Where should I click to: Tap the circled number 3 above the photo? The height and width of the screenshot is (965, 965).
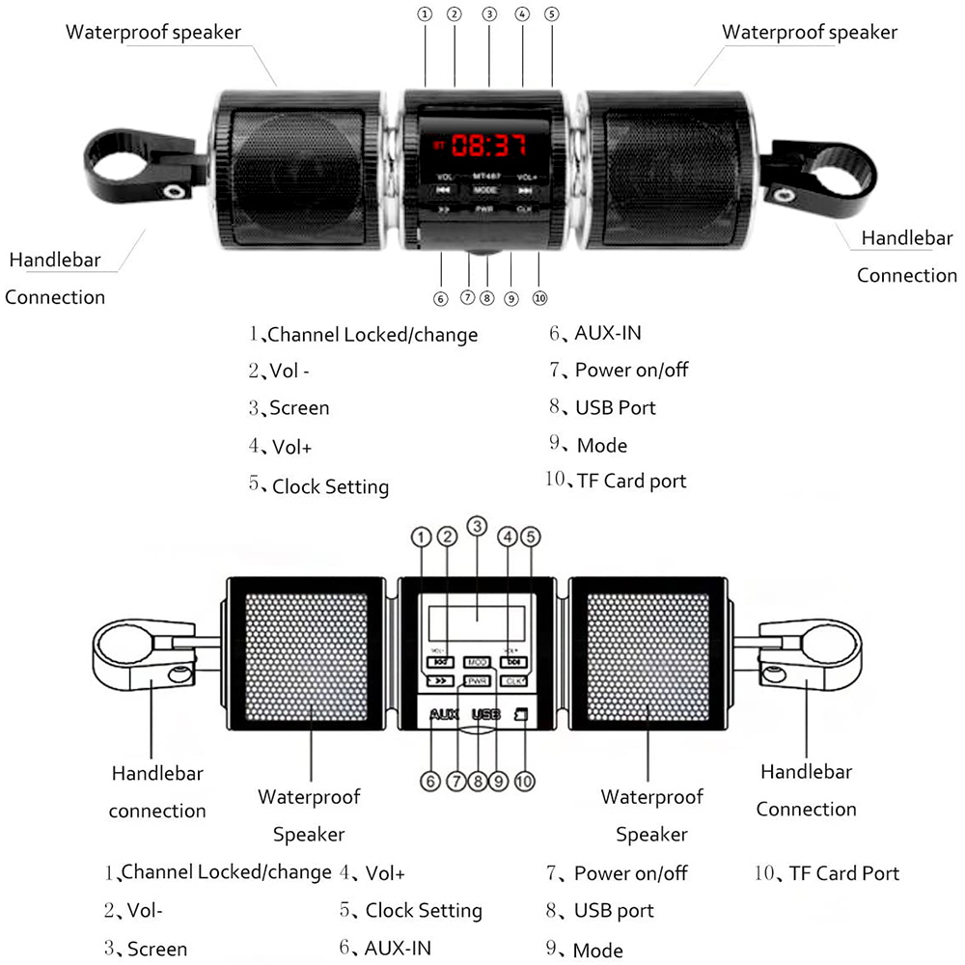[x=489, y=14]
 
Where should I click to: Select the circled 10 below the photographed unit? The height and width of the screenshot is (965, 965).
[x=539, y=298]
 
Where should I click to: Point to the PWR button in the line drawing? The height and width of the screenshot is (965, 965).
[x=477, y=681]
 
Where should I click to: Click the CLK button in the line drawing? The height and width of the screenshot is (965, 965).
[x=513, y=681]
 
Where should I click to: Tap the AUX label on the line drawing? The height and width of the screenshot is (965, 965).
[x=444, y=715]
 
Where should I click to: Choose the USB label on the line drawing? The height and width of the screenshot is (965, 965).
[x=486, y=715]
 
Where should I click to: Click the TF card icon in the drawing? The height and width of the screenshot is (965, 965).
[x=522, y=715]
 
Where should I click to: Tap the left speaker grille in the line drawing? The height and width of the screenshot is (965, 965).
[x=310, y=651]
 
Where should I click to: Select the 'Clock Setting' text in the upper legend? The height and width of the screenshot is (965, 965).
[x=330, y=486]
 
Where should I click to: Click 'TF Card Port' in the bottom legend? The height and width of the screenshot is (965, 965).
[x=843, y=873]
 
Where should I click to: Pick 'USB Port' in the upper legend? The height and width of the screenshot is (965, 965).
[x=615, y=407]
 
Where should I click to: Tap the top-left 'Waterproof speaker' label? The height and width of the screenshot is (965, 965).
[x=153, y=32]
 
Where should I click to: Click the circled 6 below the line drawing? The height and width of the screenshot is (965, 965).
[x=431, y=782]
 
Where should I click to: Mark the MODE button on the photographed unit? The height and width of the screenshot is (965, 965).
[x=485, y=191]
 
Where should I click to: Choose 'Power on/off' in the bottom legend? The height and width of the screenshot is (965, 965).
[x=630, y=873]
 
